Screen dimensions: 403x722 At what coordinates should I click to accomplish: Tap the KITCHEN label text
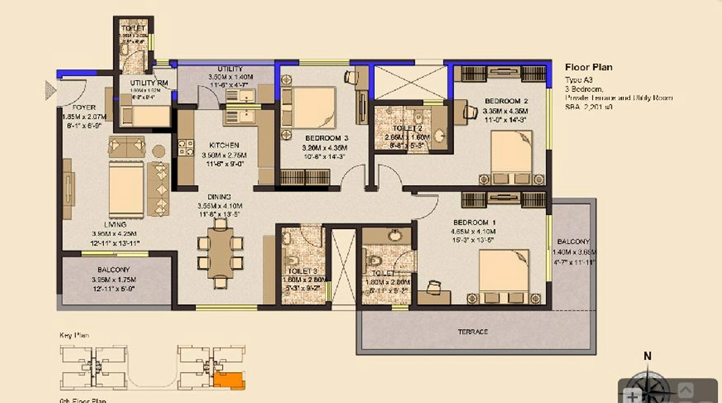click(224, 146)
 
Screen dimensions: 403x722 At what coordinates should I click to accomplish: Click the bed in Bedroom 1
click(504, 274)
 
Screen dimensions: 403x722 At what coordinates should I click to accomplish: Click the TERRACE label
click(472, 332)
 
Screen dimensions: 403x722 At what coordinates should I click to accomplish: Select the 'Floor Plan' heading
click(588, 67)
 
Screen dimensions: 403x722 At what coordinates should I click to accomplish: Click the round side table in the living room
click(159, 150)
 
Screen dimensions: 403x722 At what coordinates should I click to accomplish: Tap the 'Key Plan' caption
click(74, 335)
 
